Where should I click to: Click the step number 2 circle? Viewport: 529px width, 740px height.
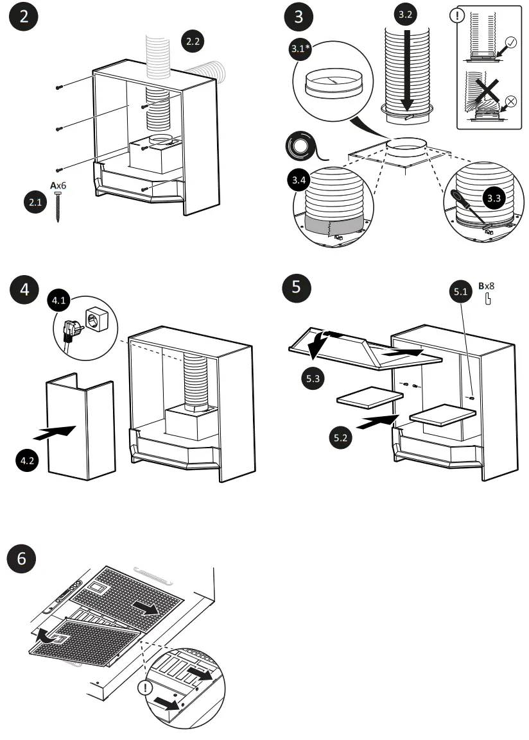pos(24,18)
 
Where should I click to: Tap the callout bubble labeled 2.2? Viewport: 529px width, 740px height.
pos(193,42)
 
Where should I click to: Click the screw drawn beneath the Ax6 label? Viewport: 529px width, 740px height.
pos(58,206)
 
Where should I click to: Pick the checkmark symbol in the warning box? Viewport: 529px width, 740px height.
pos(510,44)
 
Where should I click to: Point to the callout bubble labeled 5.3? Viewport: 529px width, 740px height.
pos(313,378)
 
